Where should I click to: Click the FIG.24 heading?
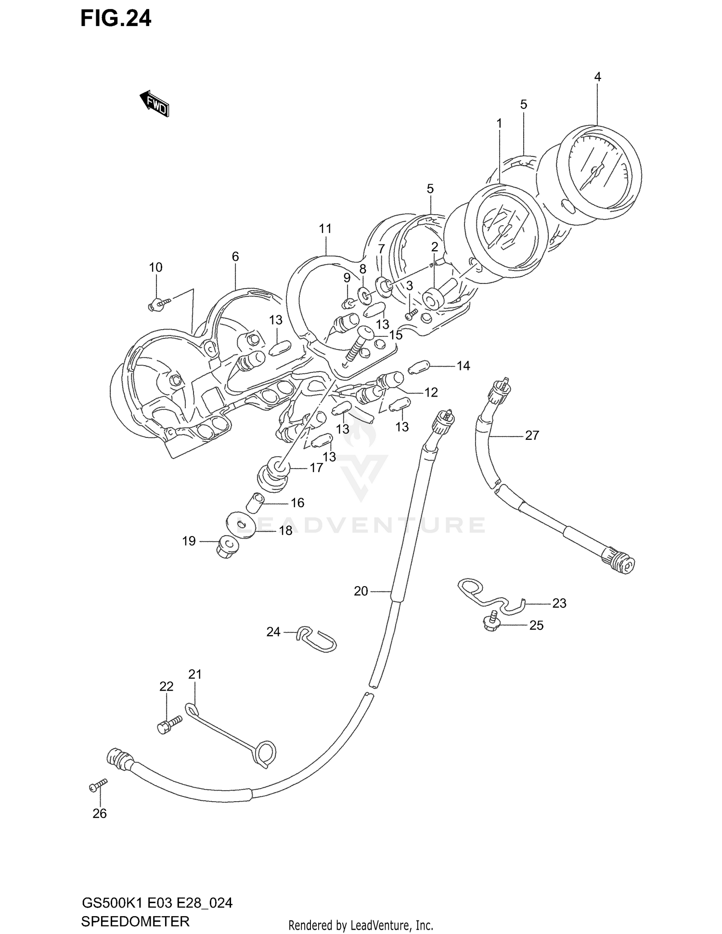[116, 18]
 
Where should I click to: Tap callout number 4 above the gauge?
[597, 77]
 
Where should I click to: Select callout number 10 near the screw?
[155, 268]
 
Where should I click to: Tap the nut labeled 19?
[225, 547]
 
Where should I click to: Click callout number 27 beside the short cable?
[532, 435]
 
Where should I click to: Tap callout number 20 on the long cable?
[361, 591]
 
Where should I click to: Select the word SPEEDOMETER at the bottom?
[135, 921]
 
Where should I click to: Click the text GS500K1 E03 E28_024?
[156, 903]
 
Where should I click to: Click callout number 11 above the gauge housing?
[325, 229]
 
